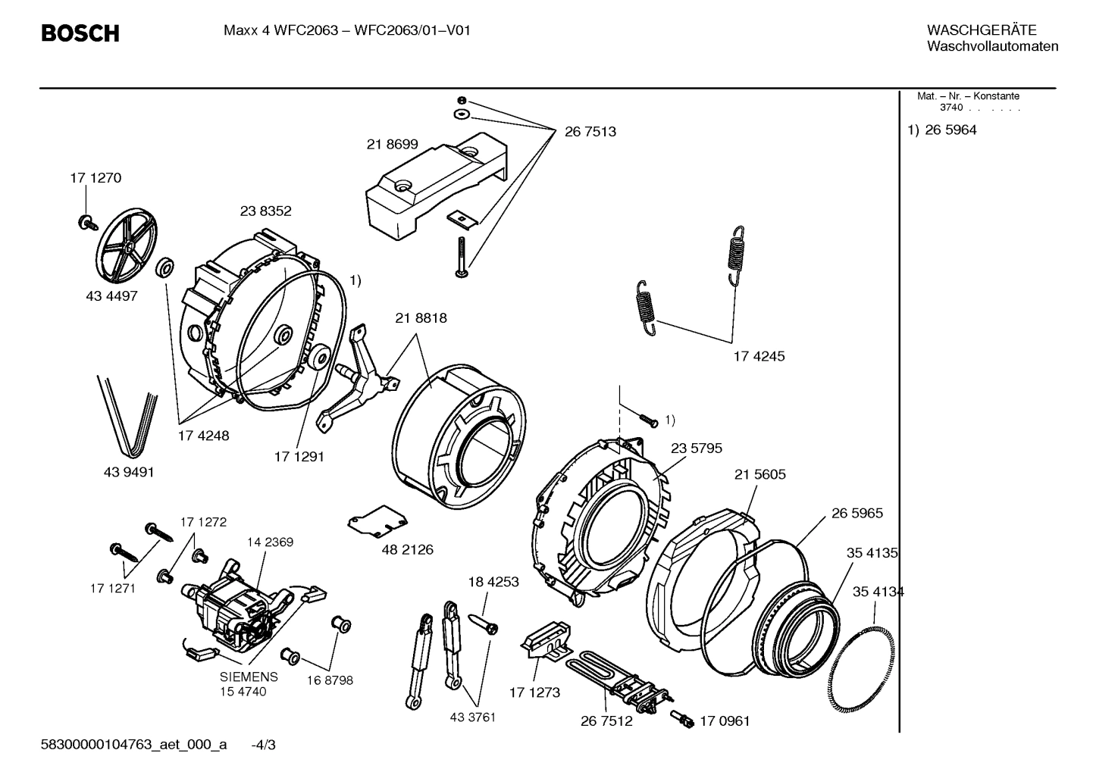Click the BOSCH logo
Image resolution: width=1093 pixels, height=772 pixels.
tap(80, 33)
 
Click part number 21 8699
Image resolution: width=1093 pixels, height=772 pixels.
tap(392, 144)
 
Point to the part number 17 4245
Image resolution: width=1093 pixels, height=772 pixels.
tap(759, 356)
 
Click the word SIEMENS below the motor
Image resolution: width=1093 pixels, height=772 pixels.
tap(249, 677)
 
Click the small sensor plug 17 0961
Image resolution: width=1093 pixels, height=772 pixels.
tap(683, 719)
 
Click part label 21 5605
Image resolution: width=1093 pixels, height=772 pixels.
tap(759, 474)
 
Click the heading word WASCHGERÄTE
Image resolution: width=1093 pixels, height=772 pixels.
tap(981, 30)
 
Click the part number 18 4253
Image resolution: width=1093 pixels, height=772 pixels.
tap(493, 582)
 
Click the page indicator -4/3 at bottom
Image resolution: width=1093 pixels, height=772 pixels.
tap(263, 745)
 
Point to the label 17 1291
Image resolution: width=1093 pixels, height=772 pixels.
tap(299, 457)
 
